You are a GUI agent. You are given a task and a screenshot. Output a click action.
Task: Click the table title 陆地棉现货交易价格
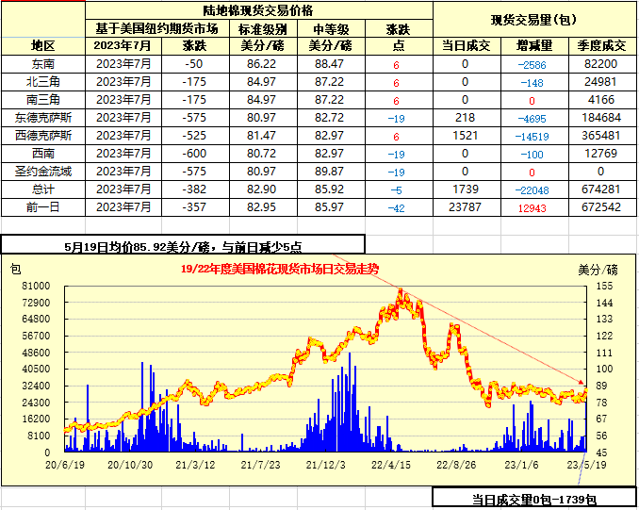[x=260, y=9]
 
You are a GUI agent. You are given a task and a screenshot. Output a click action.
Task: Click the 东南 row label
[x=43, y=63]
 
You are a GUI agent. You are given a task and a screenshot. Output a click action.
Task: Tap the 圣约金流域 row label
[x=43, y=172]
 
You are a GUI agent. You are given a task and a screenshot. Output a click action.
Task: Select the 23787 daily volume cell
[x=466, y=207]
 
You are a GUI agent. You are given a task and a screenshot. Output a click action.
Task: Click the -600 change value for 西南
[x=193, y=153]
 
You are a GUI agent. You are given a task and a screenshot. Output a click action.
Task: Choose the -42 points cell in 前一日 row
[x=397, y=207]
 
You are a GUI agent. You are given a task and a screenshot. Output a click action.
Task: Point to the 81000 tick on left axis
[x=36, y=285]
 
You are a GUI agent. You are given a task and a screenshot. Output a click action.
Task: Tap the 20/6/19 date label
[x=65, y=464]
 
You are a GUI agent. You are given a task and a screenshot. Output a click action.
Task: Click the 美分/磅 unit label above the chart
[x=597, y=269]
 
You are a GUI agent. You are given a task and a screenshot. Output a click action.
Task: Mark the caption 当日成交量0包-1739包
[x=534, y=499]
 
